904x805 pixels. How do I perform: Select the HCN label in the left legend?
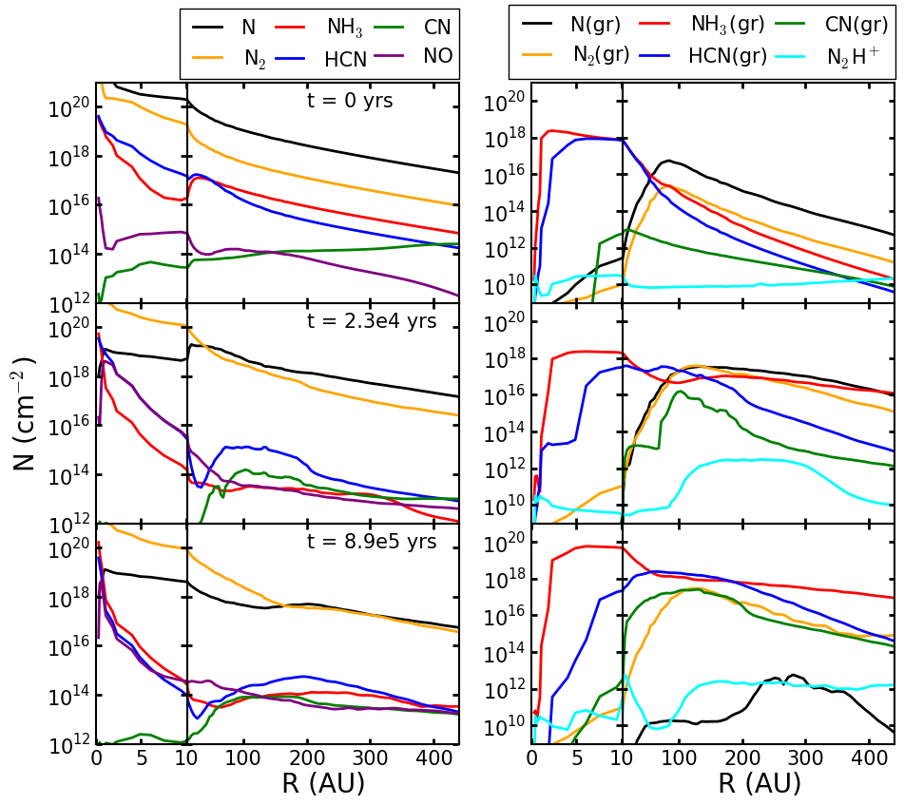tap(346, 59)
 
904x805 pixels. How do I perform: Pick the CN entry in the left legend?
tap(437, 28)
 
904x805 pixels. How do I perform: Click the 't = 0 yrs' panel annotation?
tap(349, 102)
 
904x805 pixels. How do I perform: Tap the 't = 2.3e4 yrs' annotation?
tap(372, 321)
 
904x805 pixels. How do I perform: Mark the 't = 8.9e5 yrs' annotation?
tap(372, 542)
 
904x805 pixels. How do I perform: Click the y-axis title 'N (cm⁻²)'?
tap(25, 413)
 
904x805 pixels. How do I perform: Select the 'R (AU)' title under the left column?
tap(323, 784)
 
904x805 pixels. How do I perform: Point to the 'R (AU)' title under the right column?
tap(760, 784)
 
